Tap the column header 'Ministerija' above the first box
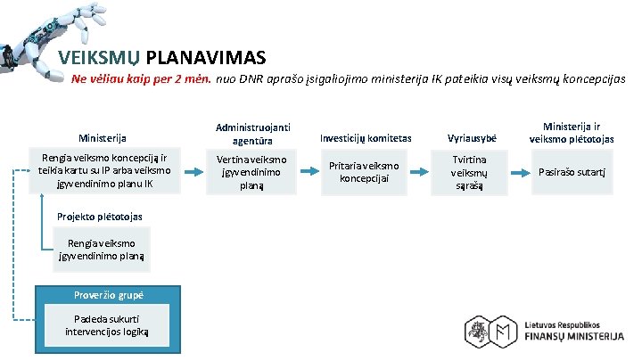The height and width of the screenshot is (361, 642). pos(103,138)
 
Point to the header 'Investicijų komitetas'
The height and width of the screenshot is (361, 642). pos(366,138)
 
